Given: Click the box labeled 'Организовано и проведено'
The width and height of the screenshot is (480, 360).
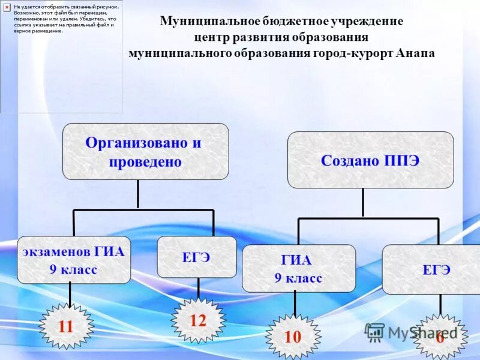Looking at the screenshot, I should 145,151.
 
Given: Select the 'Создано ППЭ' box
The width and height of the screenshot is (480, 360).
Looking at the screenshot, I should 370,160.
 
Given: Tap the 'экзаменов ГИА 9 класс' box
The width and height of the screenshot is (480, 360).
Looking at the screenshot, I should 74,260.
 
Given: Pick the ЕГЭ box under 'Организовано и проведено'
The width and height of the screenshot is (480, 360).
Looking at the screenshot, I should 197,257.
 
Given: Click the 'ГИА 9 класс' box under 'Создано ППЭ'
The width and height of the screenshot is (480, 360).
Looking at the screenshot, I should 298,268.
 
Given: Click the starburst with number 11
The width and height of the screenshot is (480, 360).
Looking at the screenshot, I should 66,326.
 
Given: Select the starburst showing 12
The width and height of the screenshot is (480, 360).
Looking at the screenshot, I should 198,320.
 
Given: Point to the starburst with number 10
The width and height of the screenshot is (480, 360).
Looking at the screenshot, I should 293,337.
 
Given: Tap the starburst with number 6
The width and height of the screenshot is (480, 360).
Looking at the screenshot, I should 440,337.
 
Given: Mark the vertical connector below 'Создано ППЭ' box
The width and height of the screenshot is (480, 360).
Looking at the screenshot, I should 362,202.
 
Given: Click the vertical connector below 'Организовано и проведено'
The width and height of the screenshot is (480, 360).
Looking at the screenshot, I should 138,194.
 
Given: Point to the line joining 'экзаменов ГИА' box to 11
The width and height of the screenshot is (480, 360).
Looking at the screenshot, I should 70,293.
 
